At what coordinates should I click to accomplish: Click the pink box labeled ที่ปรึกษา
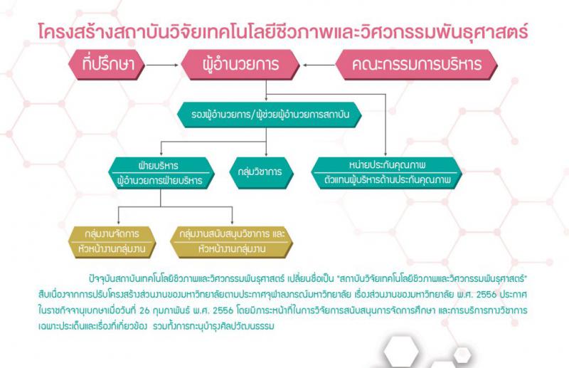(107, 65)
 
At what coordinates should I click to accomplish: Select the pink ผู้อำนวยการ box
(240, 65)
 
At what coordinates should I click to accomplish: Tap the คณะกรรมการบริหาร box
(416, 65)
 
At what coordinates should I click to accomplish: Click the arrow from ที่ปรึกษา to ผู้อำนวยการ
(162, 65)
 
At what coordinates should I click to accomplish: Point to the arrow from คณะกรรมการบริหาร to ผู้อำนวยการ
(319, 65)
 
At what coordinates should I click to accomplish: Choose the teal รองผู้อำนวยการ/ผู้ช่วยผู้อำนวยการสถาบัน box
(270, 115)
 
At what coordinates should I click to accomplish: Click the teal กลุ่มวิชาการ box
(260, 172)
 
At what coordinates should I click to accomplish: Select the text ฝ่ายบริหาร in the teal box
(159, 166)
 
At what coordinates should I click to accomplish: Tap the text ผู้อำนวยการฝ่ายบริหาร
(160, 181)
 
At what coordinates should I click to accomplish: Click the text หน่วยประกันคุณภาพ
(387, 165)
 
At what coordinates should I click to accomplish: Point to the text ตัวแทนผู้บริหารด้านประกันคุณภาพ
(387, 179)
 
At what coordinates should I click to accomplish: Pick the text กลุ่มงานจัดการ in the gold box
(112, 233)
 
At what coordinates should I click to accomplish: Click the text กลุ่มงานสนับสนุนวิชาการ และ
(232, 233)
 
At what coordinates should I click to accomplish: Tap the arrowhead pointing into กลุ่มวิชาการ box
(266, 154)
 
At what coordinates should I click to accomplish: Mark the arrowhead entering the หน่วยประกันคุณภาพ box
(385, 154)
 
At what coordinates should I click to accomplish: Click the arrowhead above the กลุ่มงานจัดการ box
(118, 222)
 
